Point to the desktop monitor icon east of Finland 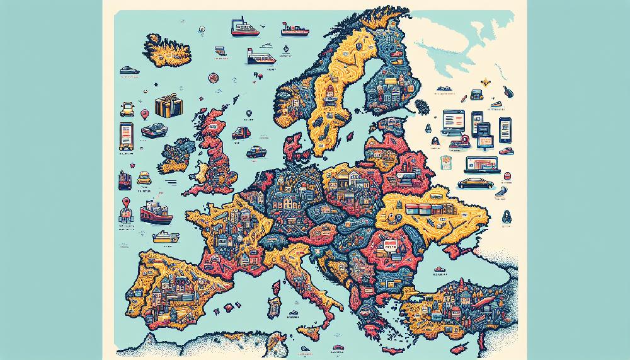point(454,120)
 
